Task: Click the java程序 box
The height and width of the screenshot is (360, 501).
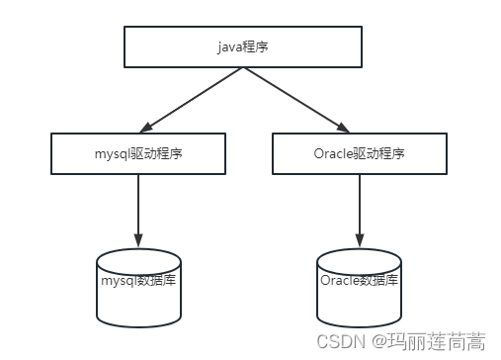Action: [x=242, y=45]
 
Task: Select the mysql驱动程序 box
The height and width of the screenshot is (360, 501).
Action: [x=138, y=152]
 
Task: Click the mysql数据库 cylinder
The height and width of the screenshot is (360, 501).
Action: [x=138, y=287]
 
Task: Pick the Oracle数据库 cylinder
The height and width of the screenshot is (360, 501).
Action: [x=358, y=287]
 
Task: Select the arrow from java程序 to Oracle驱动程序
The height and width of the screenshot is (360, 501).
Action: [x=296, y=99]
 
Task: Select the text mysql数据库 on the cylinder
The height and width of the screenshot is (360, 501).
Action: [x=138, y=280]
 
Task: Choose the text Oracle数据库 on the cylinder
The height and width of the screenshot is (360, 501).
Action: [x=358, y=280]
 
